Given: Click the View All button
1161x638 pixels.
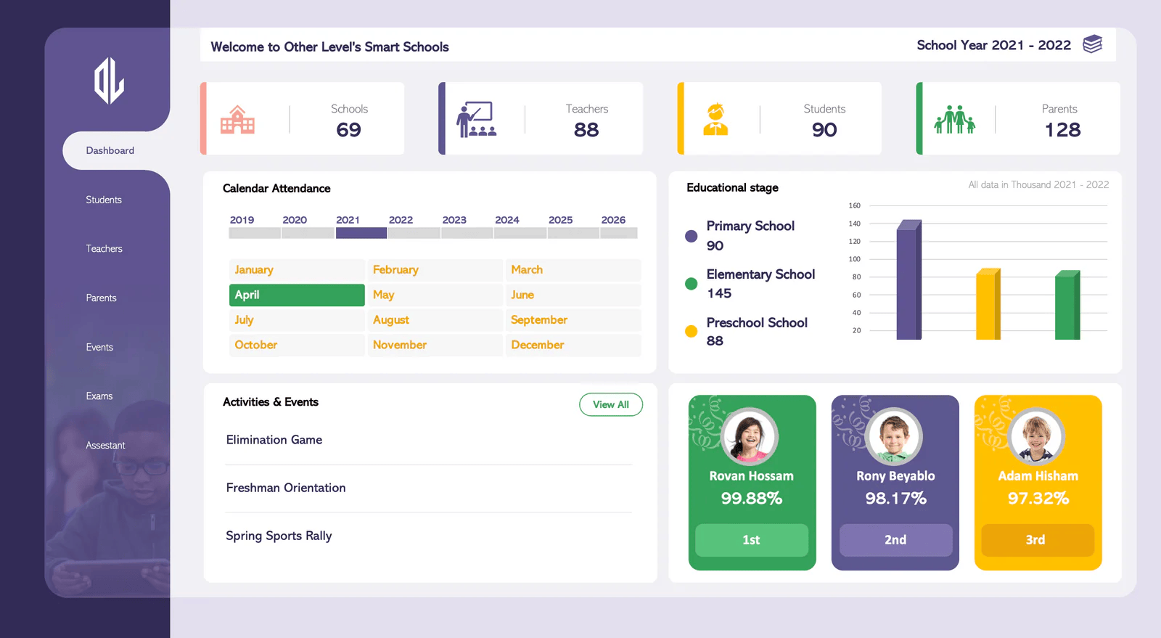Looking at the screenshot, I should [610, 404].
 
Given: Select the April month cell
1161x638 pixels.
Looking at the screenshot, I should [297, 295].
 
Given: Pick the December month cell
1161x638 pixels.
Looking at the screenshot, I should [573, 345].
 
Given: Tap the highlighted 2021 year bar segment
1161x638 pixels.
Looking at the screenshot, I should [361, 233].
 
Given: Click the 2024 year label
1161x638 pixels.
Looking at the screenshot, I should [506, 220].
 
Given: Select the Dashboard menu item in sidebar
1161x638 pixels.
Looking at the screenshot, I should [110, 151].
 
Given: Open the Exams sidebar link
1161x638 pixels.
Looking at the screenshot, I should [99, 396].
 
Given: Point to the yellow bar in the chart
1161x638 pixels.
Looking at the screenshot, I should [987, 306].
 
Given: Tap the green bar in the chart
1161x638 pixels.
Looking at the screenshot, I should [1067, 306].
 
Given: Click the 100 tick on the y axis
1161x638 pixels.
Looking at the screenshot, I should [855, 259].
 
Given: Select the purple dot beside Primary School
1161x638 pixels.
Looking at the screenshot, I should [691, 236].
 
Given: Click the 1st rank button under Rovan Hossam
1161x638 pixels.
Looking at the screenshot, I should [751, 540].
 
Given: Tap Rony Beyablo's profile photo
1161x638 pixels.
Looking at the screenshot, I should [894, 436].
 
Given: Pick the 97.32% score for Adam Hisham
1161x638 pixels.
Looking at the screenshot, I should [1038, 499].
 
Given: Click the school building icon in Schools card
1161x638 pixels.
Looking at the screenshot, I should [237, 120].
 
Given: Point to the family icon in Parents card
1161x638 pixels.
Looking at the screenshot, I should [954, 119].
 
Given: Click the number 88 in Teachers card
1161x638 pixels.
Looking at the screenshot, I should [586, 130].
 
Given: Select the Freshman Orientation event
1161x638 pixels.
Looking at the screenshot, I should [286, 488].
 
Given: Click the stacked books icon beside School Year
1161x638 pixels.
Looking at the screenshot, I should [1092, 44].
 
